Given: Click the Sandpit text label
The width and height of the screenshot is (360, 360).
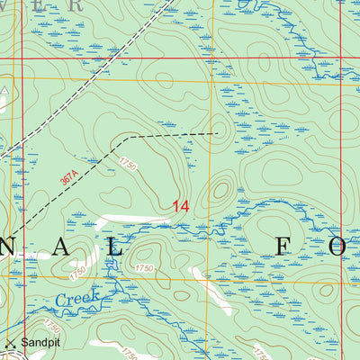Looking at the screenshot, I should tap(39, 343).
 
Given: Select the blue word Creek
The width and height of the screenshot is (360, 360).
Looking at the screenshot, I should tap(76, 298).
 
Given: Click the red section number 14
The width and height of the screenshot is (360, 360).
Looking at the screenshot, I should tap(180, 207).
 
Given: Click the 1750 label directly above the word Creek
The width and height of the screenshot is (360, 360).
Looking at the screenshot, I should tap(80, 269).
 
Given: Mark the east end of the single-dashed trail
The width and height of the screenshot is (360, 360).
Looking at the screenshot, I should tap(218, 133).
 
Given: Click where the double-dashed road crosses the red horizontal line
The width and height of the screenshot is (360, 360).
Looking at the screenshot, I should tap(106, 59).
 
